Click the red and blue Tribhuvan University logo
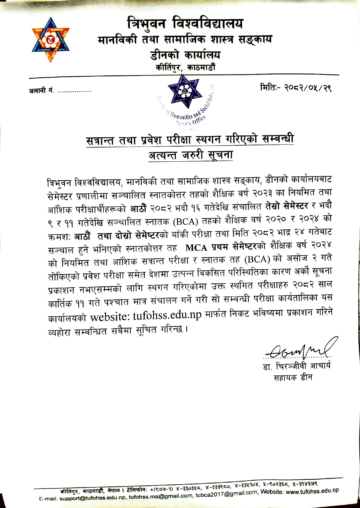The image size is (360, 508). (51, 40)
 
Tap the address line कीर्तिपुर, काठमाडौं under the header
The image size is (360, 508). (185, 67)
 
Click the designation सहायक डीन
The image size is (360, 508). (293, 377)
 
